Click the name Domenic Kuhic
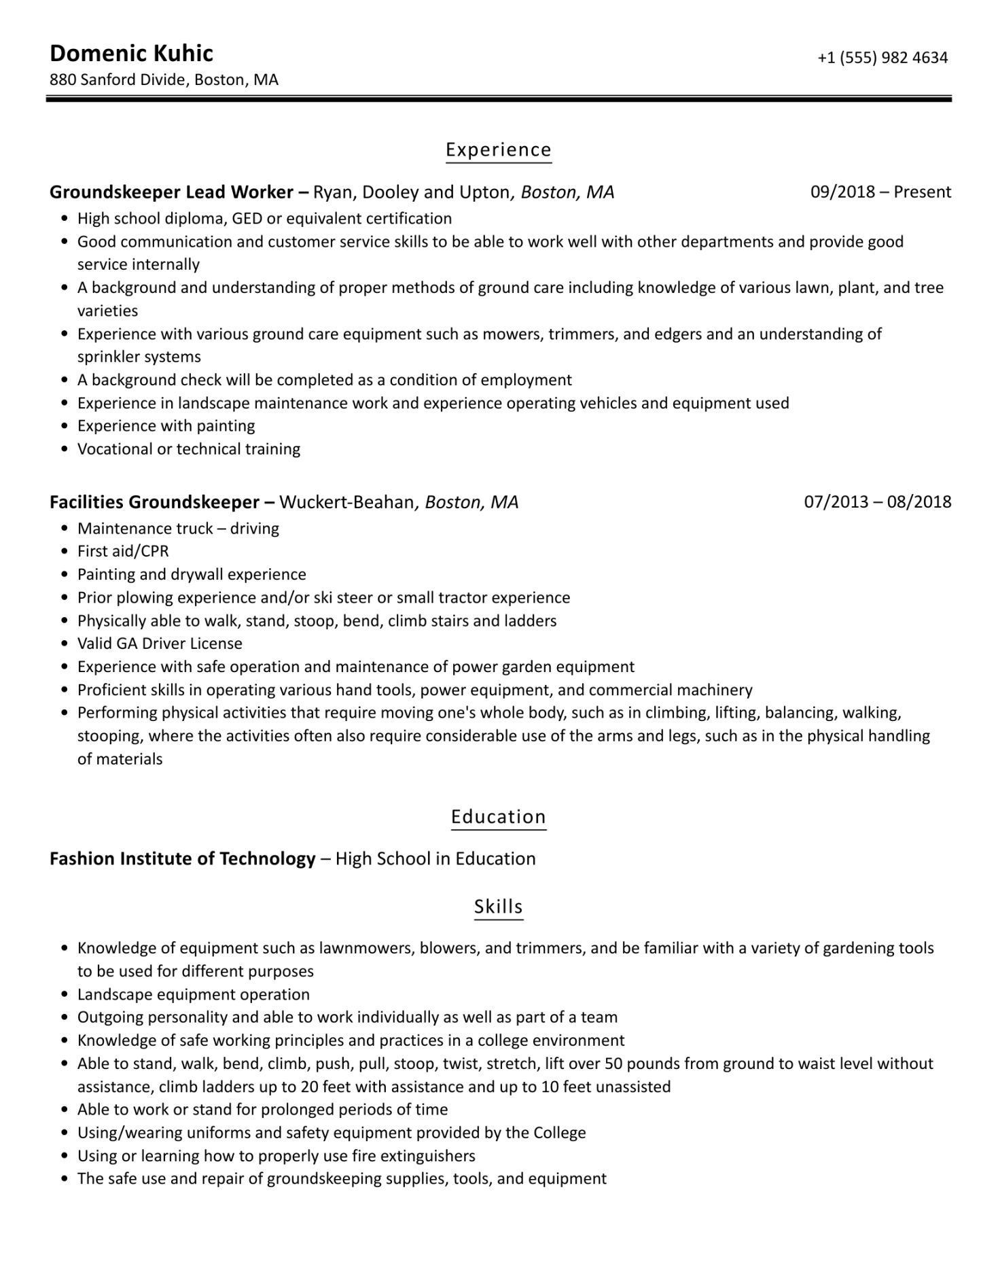[131, 54]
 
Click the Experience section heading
[498, 150]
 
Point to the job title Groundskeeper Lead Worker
[171, 192]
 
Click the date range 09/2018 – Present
[880, 192]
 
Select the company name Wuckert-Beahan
[346, 502]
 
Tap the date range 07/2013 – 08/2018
[877, 502]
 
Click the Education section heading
[498, 817]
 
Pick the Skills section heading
[498, 907]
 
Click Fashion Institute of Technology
[182, 859]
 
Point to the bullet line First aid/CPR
[123, 551]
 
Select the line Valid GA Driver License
[160, 644]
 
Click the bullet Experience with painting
[166, 426]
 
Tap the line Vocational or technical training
[189, 449]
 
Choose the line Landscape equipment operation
[193, 995]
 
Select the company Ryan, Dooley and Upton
[410, 192]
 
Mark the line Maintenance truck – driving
[178, 529]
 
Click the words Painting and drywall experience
[192, 575]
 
